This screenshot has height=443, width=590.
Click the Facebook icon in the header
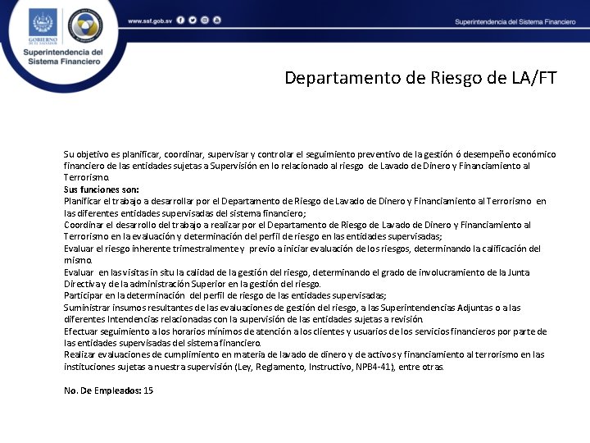click(179, 20)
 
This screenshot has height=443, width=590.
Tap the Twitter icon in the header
click(192, 20)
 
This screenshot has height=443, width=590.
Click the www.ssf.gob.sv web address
click(148, 20)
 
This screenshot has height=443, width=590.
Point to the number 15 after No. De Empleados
click(148, 390)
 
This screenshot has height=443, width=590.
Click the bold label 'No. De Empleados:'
click(102, 390)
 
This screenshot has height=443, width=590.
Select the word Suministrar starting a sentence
click(88, 308)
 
